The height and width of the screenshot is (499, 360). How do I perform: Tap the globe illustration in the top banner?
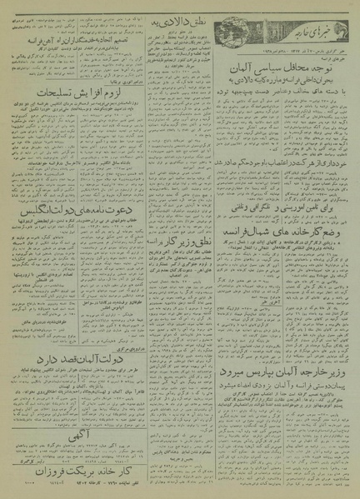tap(233, 26)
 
